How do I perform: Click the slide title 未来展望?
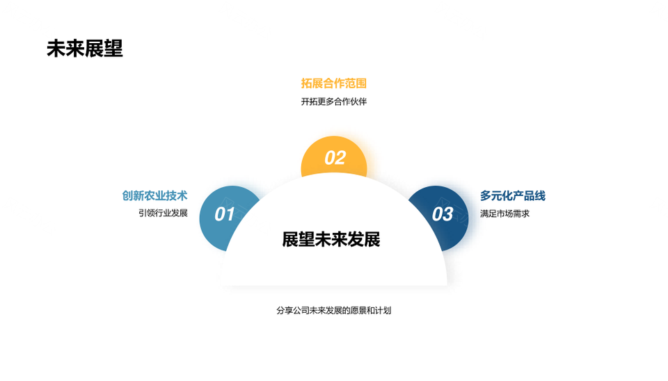[x=85, y=49]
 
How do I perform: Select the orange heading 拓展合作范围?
[x=333, y=83]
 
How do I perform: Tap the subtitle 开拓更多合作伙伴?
[x=333, y=102]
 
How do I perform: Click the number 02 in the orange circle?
[x=335, y=158]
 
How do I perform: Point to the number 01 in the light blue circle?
[x=225, y=214]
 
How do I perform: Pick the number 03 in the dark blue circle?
[x=443, y=214]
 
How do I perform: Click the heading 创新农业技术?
[x=154, y=196]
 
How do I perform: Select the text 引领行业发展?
[x=163, y=213]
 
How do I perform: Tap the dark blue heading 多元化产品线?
[x=513, y=196]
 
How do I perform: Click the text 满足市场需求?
[x=505, y=213]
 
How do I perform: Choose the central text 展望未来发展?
[x=331, y=239]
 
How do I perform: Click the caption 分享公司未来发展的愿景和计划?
[x=333, y=311]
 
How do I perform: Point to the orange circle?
[x=334, y=156]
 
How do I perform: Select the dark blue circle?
[x=440, y=218]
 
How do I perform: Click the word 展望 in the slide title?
[x=104, y=49]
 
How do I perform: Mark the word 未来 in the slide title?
[x=65, y=49]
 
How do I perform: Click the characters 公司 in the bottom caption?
[x=301, y=311]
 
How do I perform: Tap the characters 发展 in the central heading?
[x=364, y=239]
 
